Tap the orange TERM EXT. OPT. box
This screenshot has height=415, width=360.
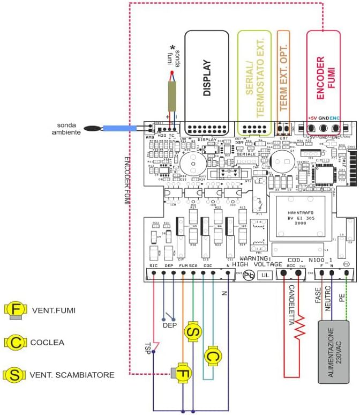(x=283, y=80)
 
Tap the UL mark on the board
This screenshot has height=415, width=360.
(x=265, y=275)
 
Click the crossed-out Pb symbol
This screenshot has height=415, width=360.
(x=249, y=275)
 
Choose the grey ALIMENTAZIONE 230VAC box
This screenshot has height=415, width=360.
(x=334, y=352)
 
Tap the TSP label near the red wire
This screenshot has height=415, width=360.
(x=148, y=345)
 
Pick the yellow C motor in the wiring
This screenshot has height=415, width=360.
(x=213, y=355)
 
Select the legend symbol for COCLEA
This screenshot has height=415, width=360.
(x=13, y=342)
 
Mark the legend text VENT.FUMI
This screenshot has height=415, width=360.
(x=53, y=310)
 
